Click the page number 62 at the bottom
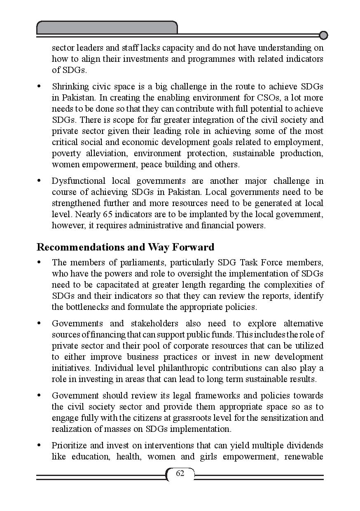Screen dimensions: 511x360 pos(180,473)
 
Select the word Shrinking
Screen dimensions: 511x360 pos(69,87)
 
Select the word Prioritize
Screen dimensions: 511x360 pos(68,445)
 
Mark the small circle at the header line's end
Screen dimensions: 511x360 pos(324,35)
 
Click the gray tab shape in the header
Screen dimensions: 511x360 pos(107,28)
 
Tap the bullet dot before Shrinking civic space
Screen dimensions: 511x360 pos(39,87)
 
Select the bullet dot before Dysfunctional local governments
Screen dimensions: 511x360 pos(39,181)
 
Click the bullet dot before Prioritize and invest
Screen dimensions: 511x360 pos(39,445)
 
